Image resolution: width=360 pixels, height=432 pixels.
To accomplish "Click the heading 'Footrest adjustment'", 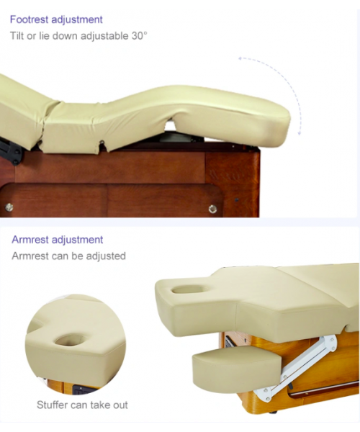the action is point(56,20).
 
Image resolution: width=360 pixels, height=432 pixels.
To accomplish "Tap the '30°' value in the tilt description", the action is point(139,35).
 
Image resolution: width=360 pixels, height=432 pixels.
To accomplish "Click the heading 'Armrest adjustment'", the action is point(58,240).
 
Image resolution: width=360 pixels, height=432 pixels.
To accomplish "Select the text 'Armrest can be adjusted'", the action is point(68,256).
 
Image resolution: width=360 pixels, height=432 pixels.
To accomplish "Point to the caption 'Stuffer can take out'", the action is point(82,405).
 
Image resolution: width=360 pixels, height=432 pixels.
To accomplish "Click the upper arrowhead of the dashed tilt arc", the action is point(240,58).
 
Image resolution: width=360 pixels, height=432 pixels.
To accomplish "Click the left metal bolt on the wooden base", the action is point(9,207).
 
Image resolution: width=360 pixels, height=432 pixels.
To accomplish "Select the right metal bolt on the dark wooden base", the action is point(212,209).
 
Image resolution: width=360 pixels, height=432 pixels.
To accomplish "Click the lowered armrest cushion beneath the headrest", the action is point(237,365).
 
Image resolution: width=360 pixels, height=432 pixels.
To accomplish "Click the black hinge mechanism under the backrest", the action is point(11,151).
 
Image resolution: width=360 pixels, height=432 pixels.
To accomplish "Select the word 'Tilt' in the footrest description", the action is point(17,36).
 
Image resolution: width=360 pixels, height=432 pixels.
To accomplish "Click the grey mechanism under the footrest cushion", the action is point(176,136).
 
